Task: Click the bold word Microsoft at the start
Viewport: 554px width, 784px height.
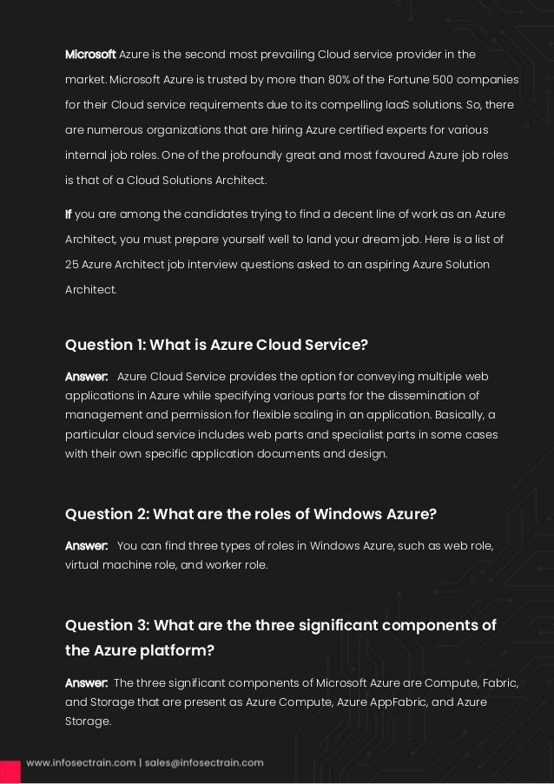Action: point(90,55)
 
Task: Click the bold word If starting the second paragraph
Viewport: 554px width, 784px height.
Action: point(69,214)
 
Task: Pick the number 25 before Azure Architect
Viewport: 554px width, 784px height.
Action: point(73,264)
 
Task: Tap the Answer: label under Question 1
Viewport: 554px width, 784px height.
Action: point(86,377)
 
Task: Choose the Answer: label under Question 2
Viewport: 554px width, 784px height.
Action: point(86,545)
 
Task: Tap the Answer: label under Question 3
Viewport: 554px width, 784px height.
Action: point(86,682)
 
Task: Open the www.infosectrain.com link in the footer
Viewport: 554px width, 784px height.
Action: point(79,763)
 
